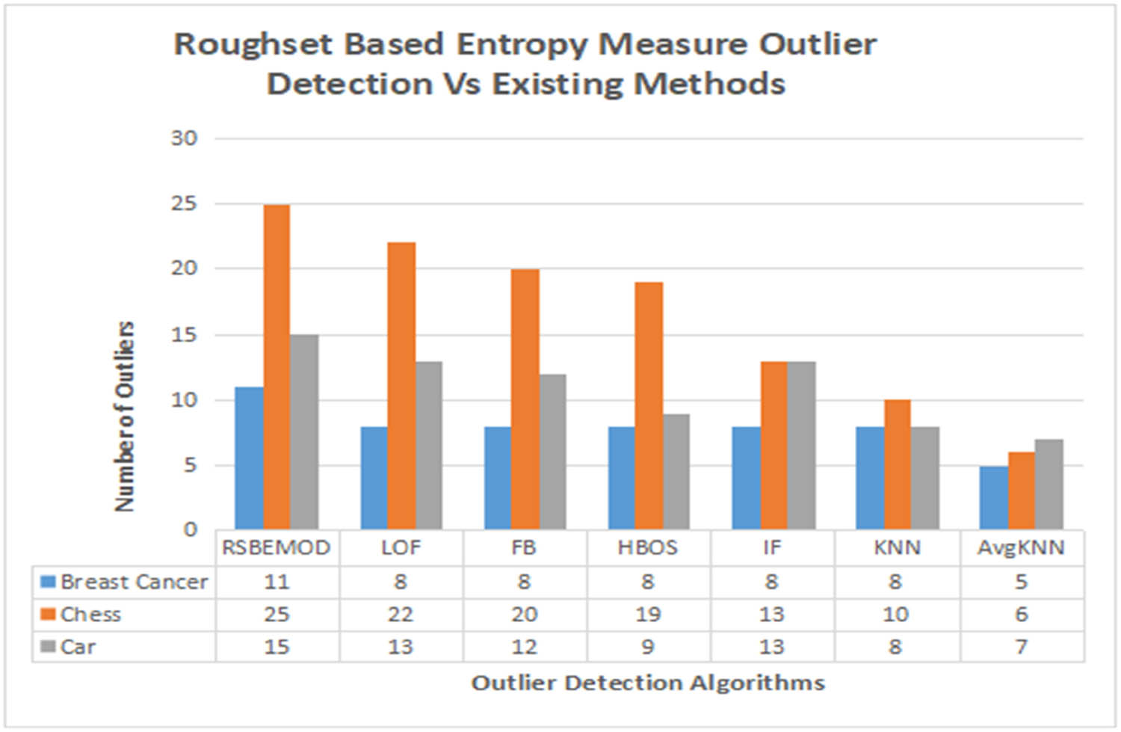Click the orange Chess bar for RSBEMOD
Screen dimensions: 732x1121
277,366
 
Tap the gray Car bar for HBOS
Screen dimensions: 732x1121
676,471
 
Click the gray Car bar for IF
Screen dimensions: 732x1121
801,445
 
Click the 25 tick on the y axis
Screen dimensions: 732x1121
184,203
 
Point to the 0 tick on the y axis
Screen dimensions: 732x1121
191,529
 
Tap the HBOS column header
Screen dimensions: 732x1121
647,548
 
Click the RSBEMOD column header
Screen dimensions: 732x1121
277,548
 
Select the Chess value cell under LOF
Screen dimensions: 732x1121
401,615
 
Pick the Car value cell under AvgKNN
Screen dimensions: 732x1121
1021,647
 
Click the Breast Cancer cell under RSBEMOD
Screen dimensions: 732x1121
277,582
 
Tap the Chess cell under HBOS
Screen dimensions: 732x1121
647,615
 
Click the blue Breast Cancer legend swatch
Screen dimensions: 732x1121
49,582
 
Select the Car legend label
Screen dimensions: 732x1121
78,647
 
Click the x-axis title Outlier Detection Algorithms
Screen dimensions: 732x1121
648,683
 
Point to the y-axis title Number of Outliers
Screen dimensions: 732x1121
125,416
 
